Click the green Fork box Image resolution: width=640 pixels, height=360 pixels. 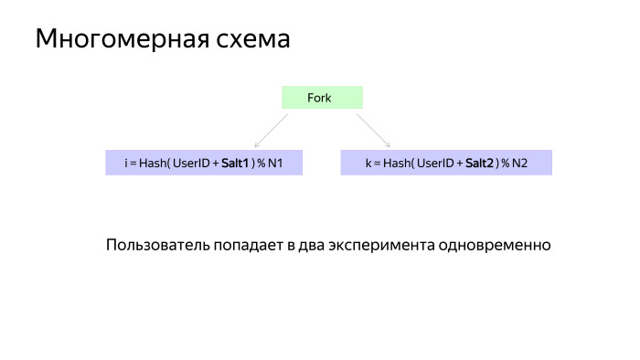click(322, 98)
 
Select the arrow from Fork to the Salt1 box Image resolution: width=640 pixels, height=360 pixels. click(272, 130)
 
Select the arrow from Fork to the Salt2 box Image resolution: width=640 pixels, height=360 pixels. click(373, 130)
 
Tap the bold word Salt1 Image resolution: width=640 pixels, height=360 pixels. click(235, 163)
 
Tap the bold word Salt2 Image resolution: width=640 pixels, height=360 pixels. click(480, 163)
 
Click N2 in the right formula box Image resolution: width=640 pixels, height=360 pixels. click(520, 163)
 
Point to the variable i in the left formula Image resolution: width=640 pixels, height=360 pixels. click(126, 163)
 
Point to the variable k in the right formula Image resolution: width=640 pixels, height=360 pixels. click(368, 163)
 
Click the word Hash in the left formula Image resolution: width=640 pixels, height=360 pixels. click(153, 163)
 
